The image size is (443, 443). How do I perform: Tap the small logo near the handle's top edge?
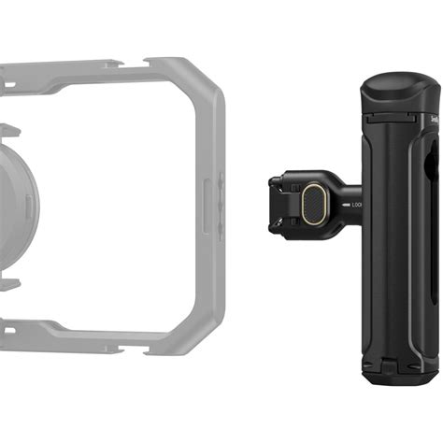435,119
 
